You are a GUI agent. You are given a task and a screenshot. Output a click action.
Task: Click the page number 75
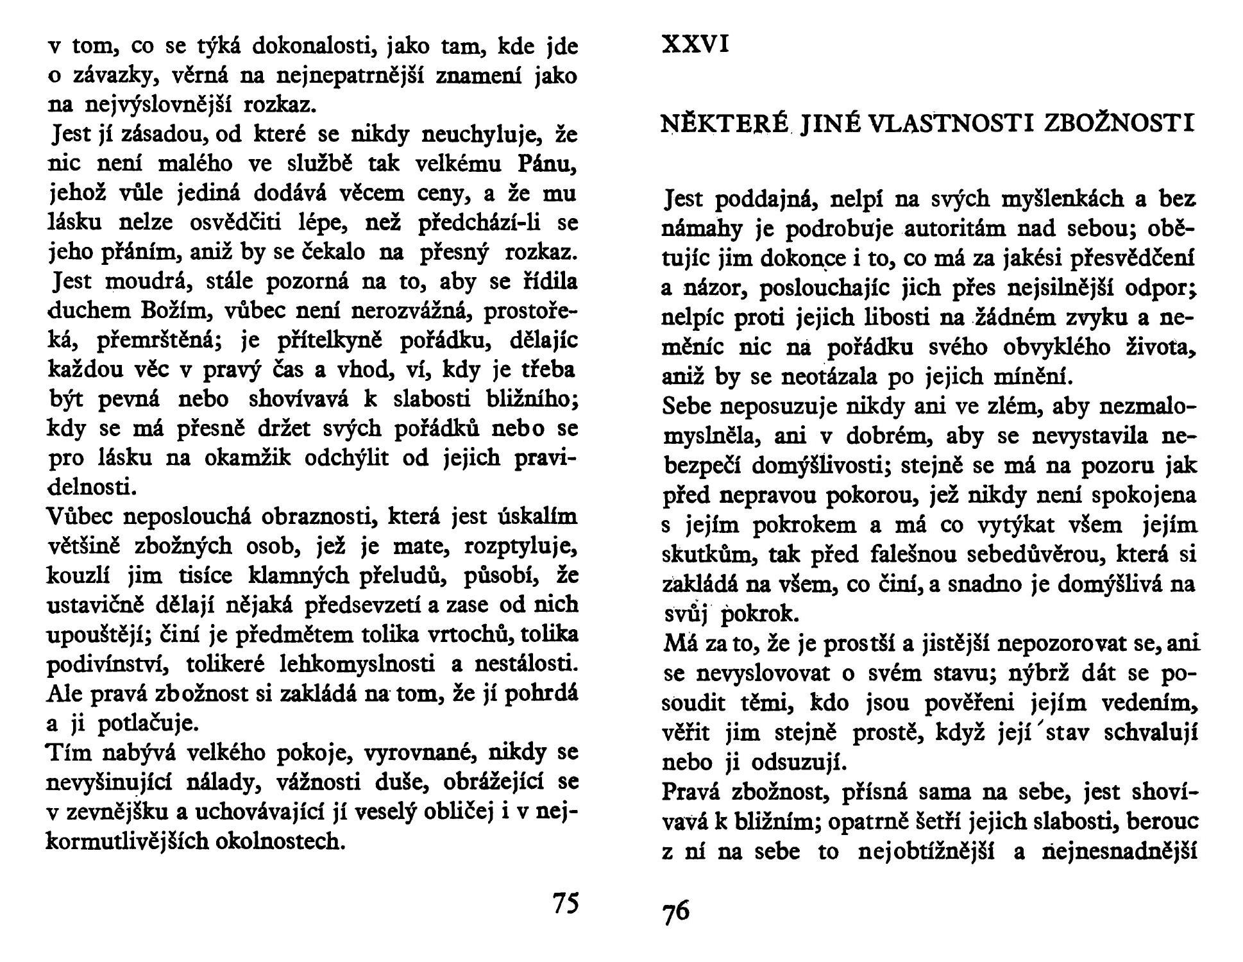click(565, 902)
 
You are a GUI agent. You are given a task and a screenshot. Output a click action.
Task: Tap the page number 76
click(676, 911)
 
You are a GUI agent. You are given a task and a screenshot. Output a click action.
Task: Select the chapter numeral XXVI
click(695, 45)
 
